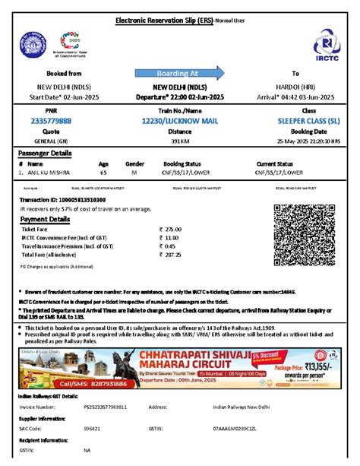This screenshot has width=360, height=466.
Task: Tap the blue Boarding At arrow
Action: pyautogui.click(x=178, y=74)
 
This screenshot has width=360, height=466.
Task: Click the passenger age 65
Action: pyautogui.click(x=103, y=173)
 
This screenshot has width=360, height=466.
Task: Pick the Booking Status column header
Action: pyautogui.click(x=176, y=164)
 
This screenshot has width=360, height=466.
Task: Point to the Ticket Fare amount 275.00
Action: pyautogui.click(x=173, y=229)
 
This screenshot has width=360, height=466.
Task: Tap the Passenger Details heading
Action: pyautogui.click(x=46, y=154)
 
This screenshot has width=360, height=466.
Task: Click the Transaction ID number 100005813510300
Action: pyautogui.click(x=81, y=198)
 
